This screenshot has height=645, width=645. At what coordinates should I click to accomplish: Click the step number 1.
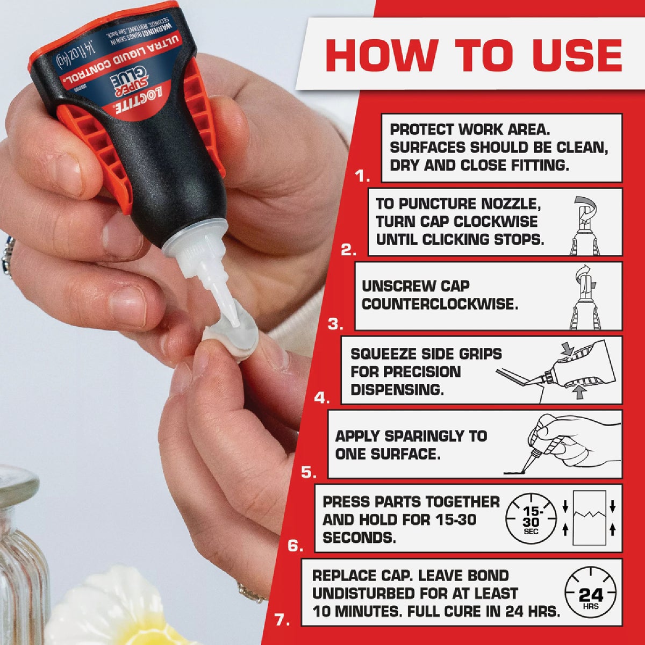click(x=363, y=176)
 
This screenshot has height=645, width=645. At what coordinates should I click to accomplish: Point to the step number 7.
click(x=283, y=620)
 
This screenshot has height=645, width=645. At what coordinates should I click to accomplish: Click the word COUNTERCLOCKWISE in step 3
click(x=440, y=304)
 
